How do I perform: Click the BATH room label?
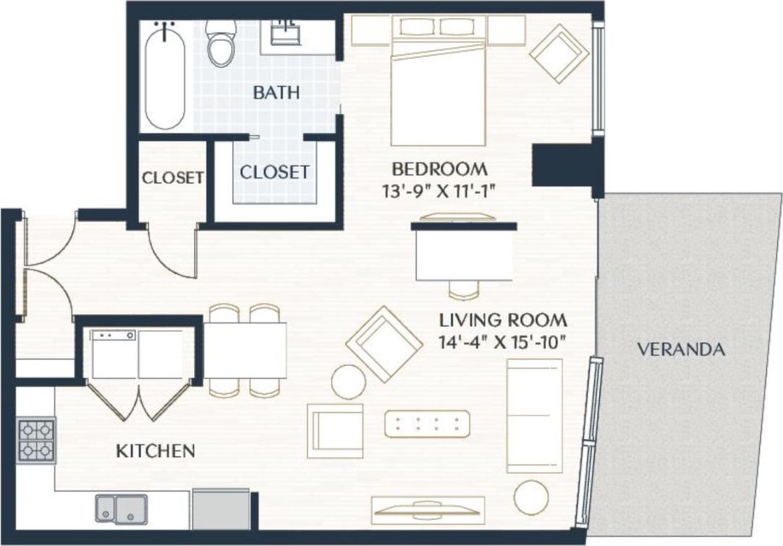[x=276, y=93]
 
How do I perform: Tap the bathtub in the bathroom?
[x=165, y=76]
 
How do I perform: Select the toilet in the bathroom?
[x=219, y=43]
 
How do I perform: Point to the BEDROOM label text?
[x=439, y=169]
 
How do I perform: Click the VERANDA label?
[x=680, y=350]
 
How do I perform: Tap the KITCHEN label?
[x=156, y=451]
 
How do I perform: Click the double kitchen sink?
[x=121, y=508]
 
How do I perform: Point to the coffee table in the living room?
[x=427, y=423]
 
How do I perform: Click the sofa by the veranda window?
[x=534, y=415]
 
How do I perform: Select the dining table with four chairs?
[x=245, y=350]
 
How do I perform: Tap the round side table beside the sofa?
[x=532, y=497]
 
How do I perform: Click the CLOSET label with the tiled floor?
[x=275, y=172]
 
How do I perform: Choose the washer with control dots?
[x=114, y=354]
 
